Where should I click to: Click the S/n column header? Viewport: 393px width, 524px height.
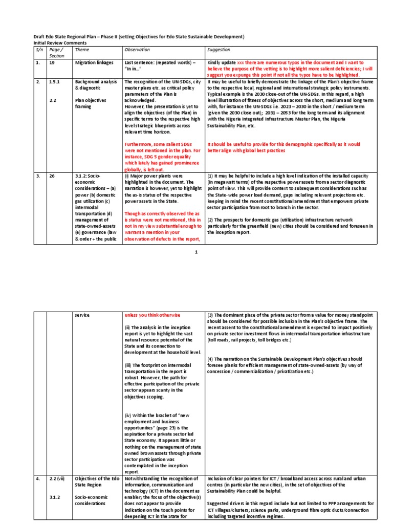pos(39,50)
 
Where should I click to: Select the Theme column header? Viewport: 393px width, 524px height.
pos(82,50)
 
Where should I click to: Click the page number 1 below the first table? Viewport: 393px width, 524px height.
pos(196,251)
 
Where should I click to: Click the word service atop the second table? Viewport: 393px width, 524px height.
pos(82,315)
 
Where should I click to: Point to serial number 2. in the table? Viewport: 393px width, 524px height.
pos(38,81)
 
